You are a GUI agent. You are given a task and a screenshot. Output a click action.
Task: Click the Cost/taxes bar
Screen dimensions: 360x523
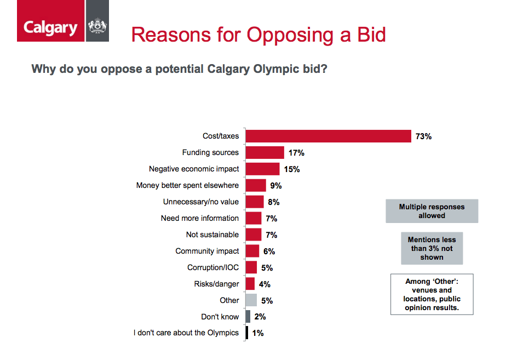pyautogui.click(x=328, y=136)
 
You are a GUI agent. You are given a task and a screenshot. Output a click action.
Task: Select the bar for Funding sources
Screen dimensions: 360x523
pyautogui.click(x=265, y=152)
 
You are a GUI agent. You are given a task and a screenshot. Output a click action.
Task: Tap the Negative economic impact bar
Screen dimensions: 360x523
pyautogui.click(x=263, y=169)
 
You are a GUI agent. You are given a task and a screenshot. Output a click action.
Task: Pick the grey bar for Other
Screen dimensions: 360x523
pyautogui.click(x=251, y=300)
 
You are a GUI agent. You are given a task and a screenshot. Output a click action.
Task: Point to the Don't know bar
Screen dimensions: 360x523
pyautogui.click(x=248, y=317)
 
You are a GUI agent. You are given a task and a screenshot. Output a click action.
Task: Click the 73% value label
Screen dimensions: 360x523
pyautogui.click(x=423, y=136)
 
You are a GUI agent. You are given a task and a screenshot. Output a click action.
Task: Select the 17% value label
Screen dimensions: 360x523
pyautogui.click(x=296, y=153)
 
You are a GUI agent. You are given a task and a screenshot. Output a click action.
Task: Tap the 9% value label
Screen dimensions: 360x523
pyautogui.click(x=276, y=186)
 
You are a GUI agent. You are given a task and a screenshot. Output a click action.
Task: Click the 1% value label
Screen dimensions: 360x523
pyautogui.click(x=258, y=333)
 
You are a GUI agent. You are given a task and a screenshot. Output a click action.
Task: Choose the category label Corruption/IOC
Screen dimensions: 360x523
pyautogui.click(x=213, y=267)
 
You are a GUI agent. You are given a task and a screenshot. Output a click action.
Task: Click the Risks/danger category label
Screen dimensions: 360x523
pyautogui.click(x=216, y=284)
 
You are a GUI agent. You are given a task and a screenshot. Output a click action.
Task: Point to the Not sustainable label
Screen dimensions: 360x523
pyautogui.click(x=212, y=235)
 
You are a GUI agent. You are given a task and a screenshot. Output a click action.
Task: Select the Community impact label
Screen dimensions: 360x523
pyautogui.click(x=207, y=251)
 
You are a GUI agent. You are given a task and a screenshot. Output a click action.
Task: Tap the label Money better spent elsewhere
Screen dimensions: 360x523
pyautogui.click(x=187, y=185)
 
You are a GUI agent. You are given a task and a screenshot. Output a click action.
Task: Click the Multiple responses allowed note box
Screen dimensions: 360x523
pyautogui.click(x=432, y=211)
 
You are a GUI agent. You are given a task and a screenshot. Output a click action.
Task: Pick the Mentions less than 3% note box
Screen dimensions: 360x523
pyautogui.click(x=432, y=248)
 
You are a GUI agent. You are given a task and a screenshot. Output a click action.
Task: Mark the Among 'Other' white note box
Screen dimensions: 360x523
pyautogui.click(x=432, y=294)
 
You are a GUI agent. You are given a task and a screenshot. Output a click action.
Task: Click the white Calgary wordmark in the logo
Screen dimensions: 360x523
pyautogui.click(x=50, y=27)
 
